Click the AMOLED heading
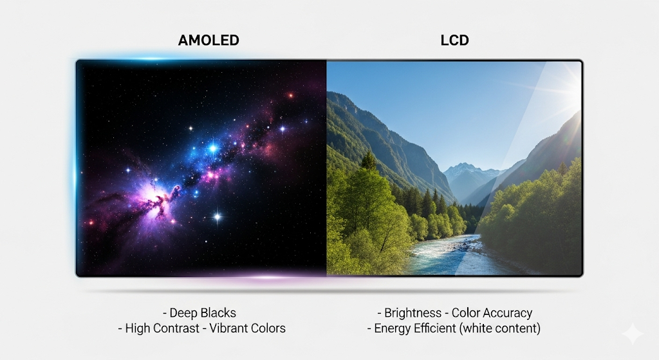tap(208, 40)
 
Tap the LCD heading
tap(454, 40)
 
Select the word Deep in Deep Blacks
tap(184, 314)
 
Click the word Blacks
tap(218, 314)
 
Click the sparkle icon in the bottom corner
tap(633, 334)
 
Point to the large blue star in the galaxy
tap(213, 149)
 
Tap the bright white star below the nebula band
tap(218, 217)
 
